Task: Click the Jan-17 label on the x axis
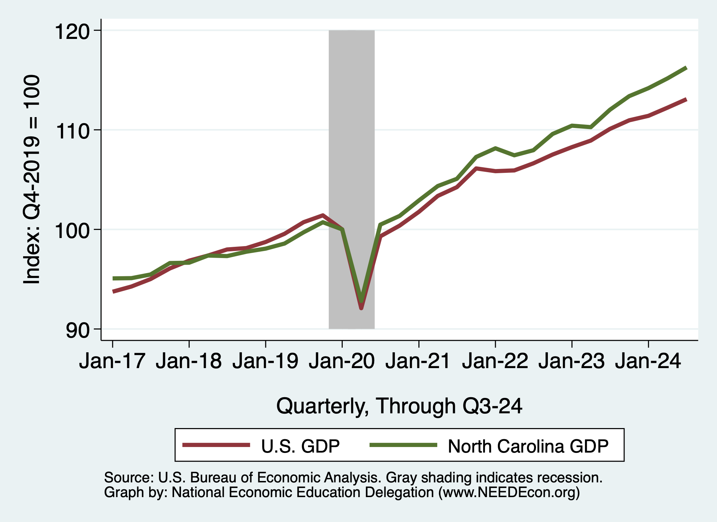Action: [x=112, y=361]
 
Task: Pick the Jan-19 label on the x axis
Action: [x=265, y=361]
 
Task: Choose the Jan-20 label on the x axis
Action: [x=342, y=361]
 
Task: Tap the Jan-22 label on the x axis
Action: [x=495, y=361]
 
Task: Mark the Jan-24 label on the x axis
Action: [x=648, y=361]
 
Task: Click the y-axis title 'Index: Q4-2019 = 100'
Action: [x=32, y=179]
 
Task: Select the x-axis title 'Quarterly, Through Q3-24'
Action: [x=399, y=406]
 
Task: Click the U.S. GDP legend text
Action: [x=300, y=446]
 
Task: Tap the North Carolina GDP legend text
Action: [x=528, y=446]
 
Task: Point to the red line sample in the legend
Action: [x=216, y=445]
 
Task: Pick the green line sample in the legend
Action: [x=403, y=445]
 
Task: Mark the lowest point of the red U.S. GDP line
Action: [x=361, y=308]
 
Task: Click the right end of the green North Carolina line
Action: [x=686, y=68]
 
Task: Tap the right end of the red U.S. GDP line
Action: [x=686, y=100]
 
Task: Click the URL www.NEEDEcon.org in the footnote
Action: [x=509, y=493]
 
